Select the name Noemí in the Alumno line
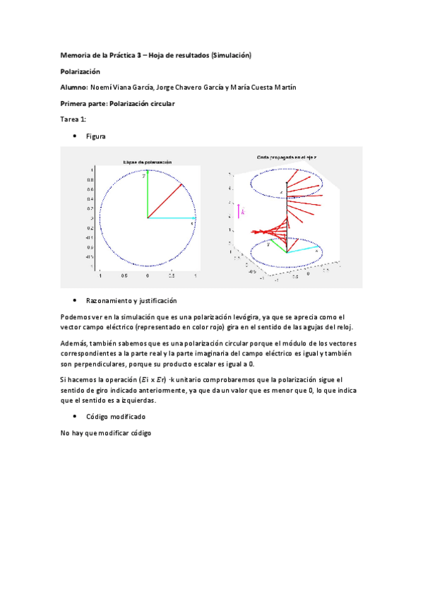point(102,88)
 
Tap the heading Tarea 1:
point(73,119)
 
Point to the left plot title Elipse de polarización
point(147,161)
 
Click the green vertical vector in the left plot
point(147,194)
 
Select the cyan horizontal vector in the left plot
point(171,218)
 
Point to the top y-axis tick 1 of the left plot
point(92,170)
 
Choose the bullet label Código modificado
point(116,417)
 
